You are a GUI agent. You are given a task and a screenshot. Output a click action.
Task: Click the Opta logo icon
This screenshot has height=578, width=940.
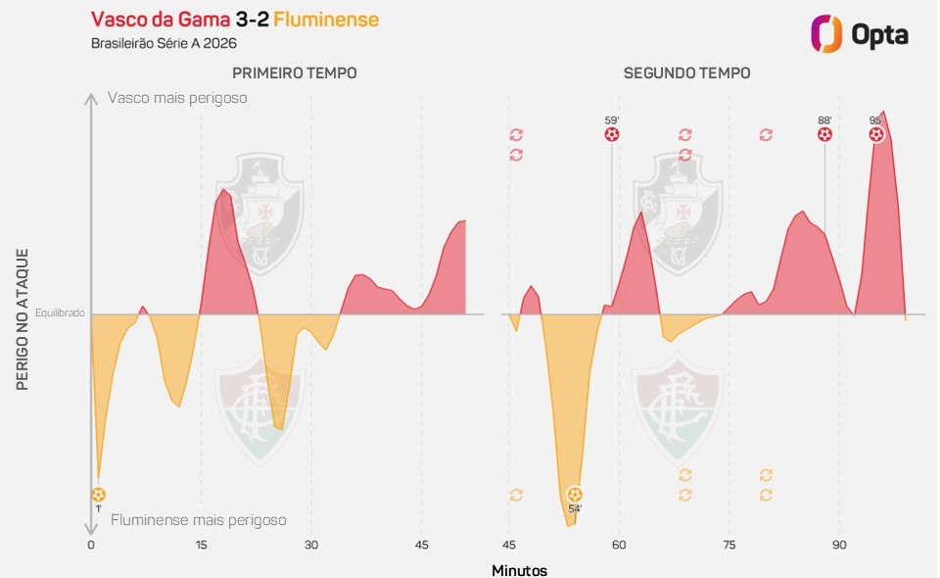826,34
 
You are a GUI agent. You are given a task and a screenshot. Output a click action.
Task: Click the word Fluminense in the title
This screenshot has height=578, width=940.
326,20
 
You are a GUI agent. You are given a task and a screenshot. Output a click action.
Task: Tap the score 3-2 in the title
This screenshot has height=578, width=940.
253,20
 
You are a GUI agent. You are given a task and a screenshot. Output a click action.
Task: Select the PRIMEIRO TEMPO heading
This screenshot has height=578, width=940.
294,73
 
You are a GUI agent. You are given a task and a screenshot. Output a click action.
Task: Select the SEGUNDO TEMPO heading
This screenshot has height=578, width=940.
687,73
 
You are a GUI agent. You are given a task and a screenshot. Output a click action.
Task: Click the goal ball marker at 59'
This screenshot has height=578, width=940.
612,134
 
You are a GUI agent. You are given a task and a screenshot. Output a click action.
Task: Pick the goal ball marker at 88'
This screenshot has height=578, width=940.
824,134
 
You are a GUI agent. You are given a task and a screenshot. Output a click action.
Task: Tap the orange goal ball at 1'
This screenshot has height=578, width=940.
98,495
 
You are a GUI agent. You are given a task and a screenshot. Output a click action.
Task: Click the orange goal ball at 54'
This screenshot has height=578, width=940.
575,495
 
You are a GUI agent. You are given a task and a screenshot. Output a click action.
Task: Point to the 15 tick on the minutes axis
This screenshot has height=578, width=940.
201,545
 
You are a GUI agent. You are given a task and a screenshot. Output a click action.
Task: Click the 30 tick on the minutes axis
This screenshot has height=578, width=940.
311,545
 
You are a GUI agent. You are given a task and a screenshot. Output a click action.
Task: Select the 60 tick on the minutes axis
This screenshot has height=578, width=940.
619,545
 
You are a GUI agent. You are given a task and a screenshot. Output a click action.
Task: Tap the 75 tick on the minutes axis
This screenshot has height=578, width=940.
729,545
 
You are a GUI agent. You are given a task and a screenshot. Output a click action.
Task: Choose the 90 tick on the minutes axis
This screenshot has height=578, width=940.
839,545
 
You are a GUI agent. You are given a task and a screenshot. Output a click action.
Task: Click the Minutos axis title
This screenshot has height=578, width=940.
519,570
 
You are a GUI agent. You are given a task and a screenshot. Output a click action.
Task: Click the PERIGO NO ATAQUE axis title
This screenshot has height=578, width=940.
23,319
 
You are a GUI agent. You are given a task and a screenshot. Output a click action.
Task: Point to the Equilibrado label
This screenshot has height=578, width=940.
60,314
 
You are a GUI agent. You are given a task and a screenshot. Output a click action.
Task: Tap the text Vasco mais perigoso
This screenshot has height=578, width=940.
177,98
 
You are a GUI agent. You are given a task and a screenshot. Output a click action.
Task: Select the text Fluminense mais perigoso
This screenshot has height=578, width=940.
198,520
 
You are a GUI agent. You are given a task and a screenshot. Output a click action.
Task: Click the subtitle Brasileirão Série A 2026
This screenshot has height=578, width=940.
164,44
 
